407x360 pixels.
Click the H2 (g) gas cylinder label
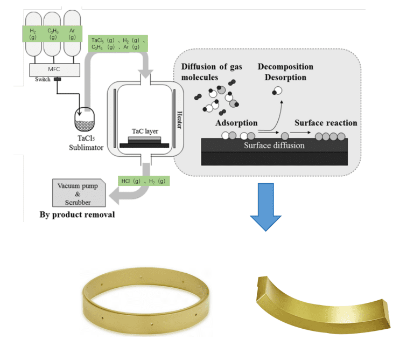pyautogui.click(x=33, y=34)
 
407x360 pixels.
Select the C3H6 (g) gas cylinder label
pyautogui.click(x=52, y=34)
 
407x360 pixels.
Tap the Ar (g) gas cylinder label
pyautogui.click(x=72, y=34)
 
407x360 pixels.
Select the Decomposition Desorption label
pyautogui.click(x=285, y=72)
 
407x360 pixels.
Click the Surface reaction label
pyautogui.click(x=325, y=123)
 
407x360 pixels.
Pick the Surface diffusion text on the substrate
pyautogui.click(x=274, y=145)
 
